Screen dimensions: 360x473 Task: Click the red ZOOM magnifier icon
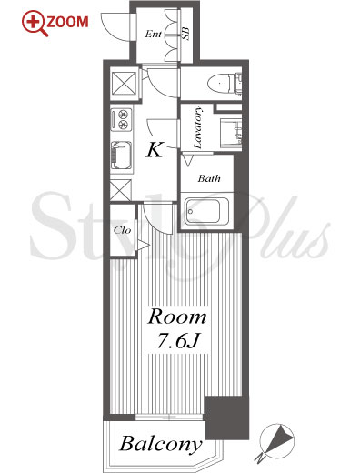coord(34,24)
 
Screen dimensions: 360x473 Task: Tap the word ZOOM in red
coord(67,22)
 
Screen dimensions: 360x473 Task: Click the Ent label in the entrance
coord(153,34)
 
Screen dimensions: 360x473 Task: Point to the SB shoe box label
coord(185,34)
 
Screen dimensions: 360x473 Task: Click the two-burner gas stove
coord(121,119)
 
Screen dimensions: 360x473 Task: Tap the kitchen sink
coord(121,156)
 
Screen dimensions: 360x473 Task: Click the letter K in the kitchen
coord(155,150)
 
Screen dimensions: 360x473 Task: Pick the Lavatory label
coord(197,127)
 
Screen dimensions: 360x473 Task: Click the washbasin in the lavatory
coord(231,134)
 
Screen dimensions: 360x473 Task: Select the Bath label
coord(209,178)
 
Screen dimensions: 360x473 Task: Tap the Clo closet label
coord(122,230)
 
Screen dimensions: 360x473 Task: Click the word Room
coord(177,317)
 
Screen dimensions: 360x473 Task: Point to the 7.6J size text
coord(178,341)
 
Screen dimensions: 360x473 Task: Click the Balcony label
coord(161,445)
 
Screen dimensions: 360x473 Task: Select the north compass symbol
coord(276,440)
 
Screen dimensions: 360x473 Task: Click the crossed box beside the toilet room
coord(124,82)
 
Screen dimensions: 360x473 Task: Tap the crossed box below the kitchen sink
coord(120,190)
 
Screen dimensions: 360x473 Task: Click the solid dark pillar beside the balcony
coord(227,418)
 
